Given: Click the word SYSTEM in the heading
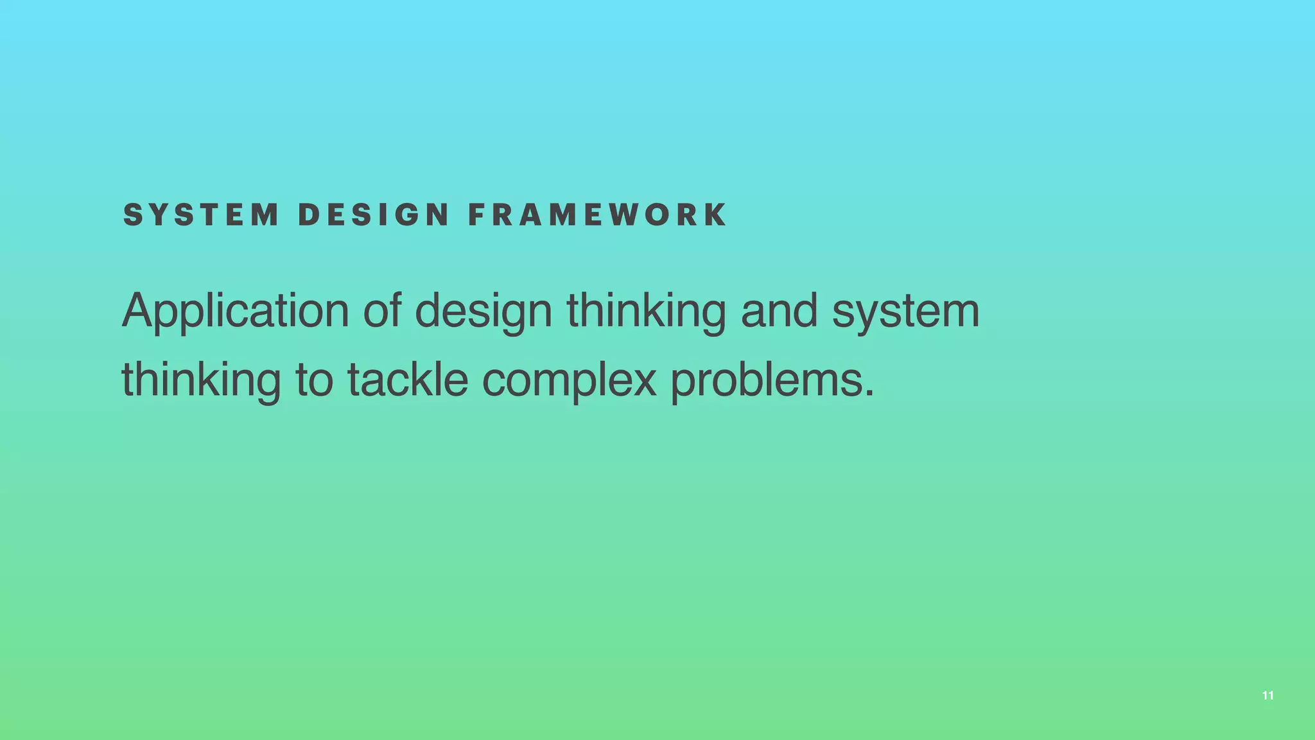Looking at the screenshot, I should tap(201, 215).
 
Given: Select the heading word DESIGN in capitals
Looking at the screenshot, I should tap(374, 215).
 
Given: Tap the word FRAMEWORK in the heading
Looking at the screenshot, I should tap(598, 215).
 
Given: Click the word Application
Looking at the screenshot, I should tap(235, 312).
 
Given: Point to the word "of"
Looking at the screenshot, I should tap(382, 310).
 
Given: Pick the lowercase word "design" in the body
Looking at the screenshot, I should tap(483, 312).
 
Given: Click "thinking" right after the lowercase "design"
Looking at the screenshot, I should tap(646, 312).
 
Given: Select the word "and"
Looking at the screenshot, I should tap(779, 310).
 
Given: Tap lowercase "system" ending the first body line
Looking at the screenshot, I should tap(905, 312).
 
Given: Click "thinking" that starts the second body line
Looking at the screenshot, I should tap(201, 380).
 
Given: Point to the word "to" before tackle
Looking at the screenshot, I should tap(314, 380).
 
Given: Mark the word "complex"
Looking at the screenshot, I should tap(569, 380).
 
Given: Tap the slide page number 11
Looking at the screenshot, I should tap(1267, 696).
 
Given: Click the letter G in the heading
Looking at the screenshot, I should tap(406, 215).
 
